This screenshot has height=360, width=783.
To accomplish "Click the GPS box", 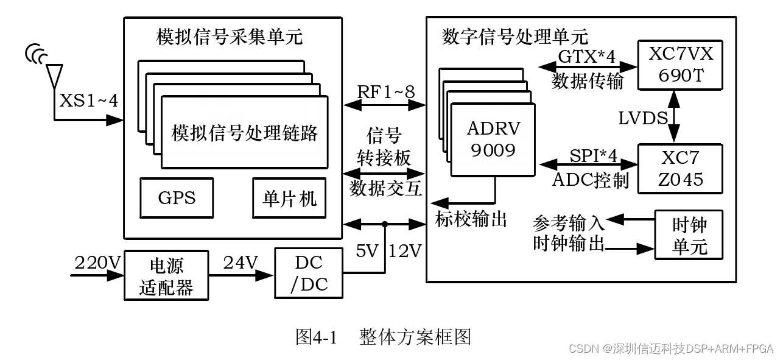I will coord(177,199).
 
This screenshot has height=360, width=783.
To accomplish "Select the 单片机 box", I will coord(289,199).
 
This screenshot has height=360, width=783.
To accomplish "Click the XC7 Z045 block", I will coord(680,169).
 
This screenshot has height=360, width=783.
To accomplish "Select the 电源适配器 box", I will coord(166,276).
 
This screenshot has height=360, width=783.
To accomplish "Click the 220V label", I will coord(98,263).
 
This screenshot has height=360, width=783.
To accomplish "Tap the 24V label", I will coord(241,263).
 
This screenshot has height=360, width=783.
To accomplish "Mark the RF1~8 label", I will coord(385,92).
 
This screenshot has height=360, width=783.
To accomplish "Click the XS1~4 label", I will coord(88,101).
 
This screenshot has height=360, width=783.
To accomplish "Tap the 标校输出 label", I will coord(471,219).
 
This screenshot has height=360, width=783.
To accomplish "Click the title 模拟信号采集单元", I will coord(230,38).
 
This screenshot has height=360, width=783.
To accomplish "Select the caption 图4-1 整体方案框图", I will coord(383,336).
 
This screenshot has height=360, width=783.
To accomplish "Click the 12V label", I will coord(405,250).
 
